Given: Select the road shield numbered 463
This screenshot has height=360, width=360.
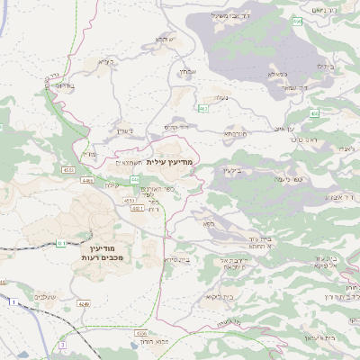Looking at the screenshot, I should tap(202, 108).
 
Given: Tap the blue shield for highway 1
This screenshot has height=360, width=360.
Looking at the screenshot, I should tap(13, 301).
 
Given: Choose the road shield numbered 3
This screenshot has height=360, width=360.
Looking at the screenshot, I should tap(62, 344).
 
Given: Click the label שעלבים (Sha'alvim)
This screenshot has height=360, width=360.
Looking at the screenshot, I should tap(44, 296).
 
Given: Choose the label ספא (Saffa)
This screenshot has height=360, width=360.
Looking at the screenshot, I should tap(208, 222).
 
